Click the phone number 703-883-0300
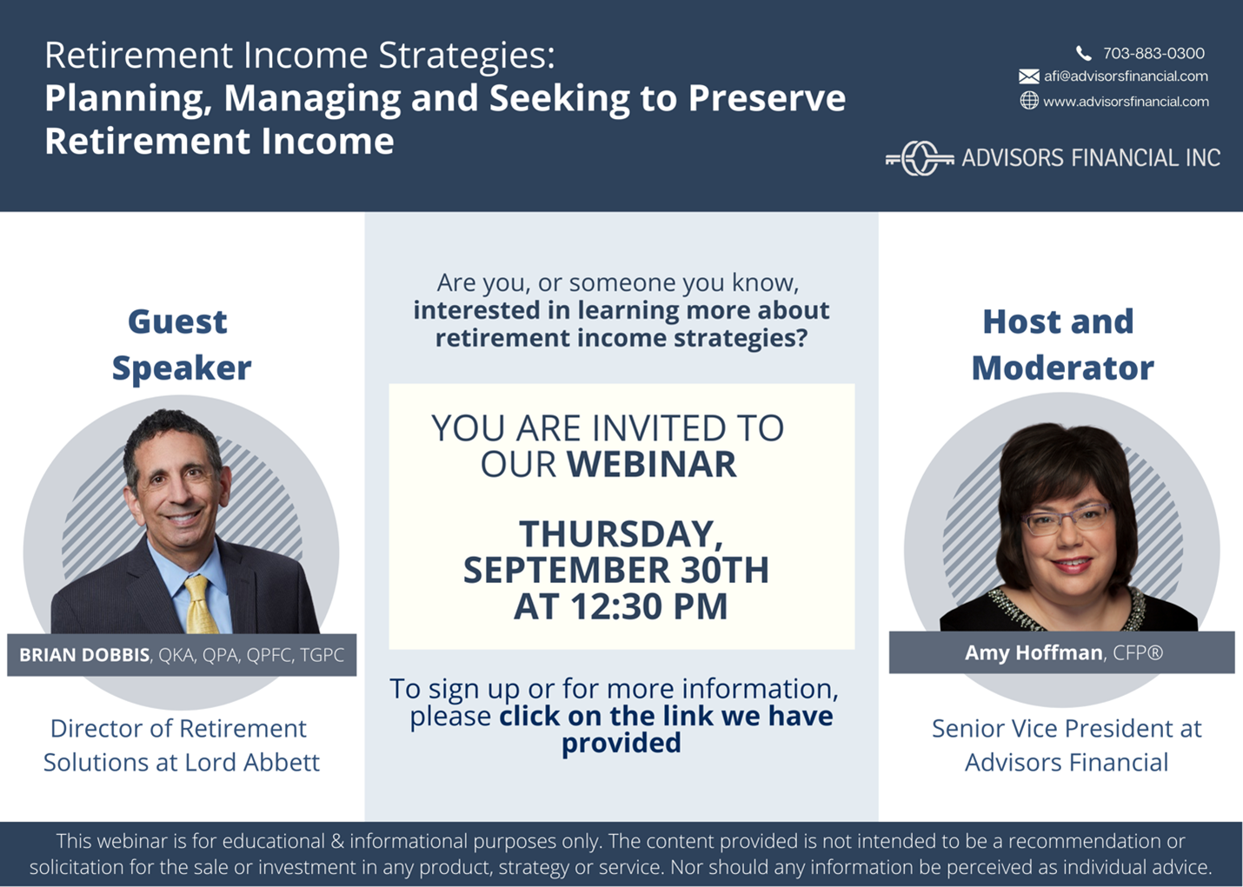(x=1153, y=53)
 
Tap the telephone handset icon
(x=1083, y=53)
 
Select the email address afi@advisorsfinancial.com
(x=1126, y=76)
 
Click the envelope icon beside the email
(x=1029, y=76)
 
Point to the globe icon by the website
(x=1029, y=101)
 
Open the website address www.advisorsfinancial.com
(x=1126, y=102)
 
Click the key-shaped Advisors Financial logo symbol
(x=920, y=159)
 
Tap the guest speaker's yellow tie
(x=200, y=604)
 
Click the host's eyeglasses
(x=1066, y=520)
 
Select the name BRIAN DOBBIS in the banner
(x=84, y=655)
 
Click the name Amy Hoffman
(x=1034, y=653)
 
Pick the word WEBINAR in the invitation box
(x=651, y=464)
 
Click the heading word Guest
(x=177, y=321)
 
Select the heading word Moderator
(x=1063, y=367)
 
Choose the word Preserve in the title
(x=767, y=97)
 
